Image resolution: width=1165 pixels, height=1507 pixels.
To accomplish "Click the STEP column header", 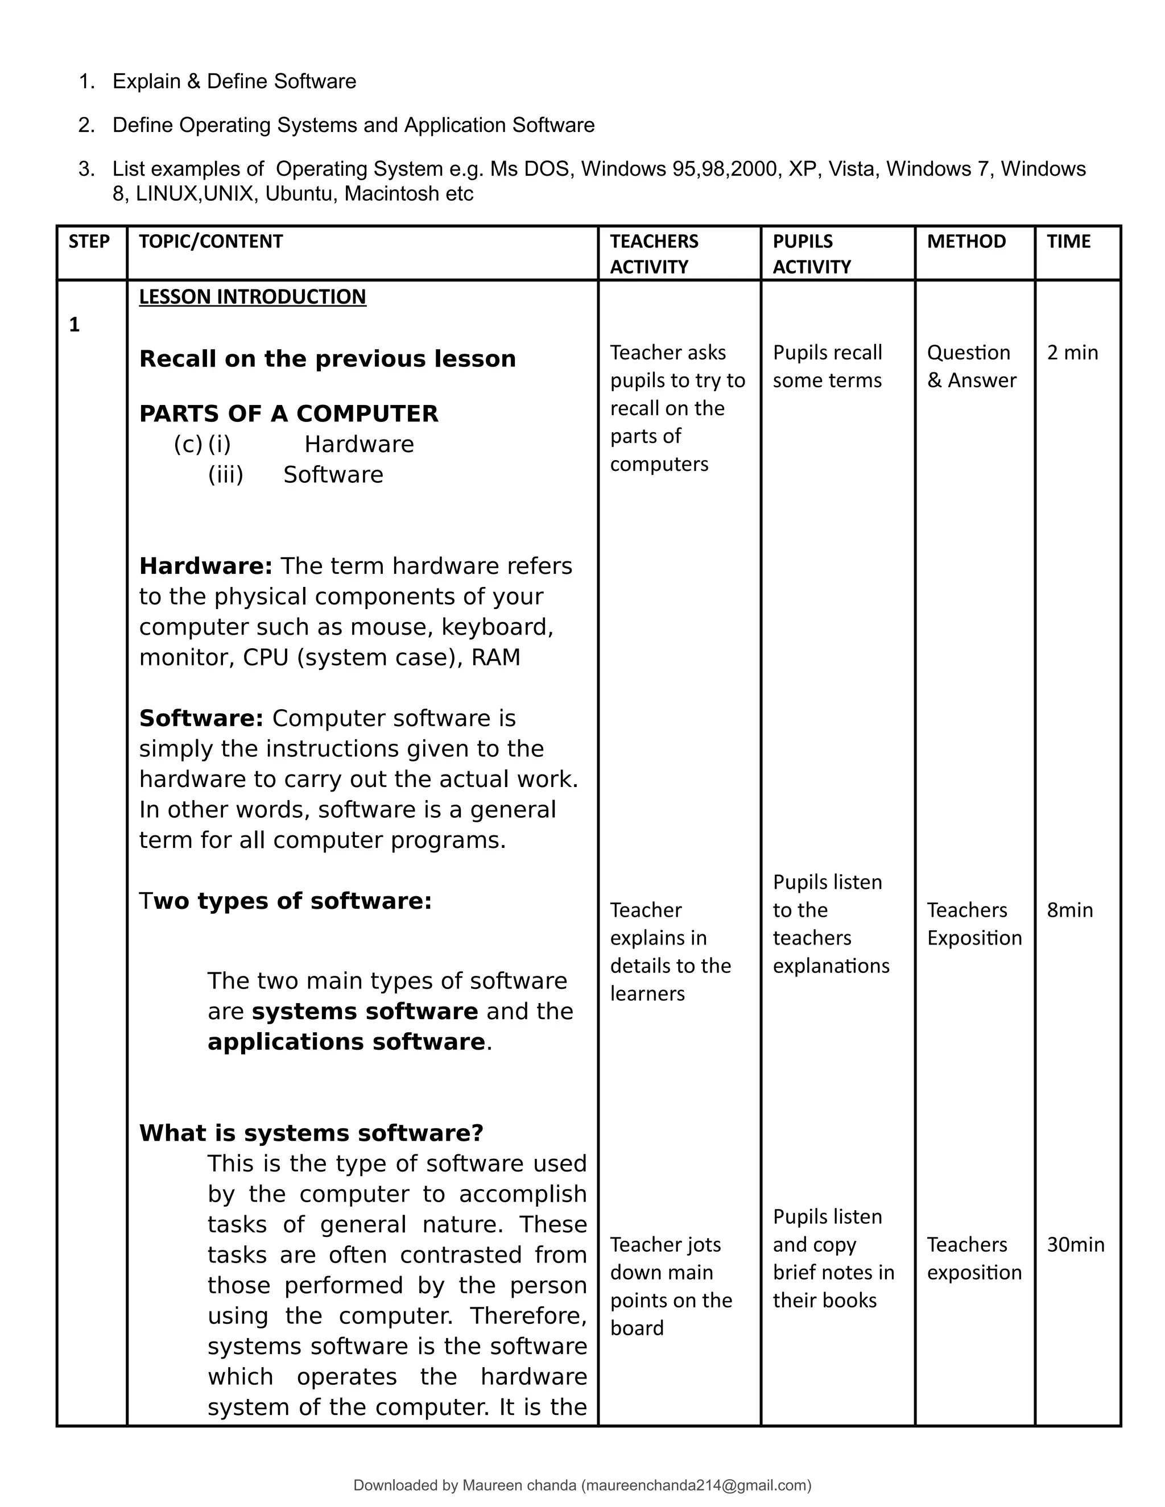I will pos(89,242).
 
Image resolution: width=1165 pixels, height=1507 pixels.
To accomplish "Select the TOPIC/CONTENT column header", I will pos(210,242).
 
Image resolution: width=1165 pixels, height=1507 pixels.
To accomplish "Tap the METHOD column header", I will pos(965,242).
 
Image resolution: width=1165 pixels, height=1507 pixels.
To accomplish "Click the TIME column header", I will pos(1068,242).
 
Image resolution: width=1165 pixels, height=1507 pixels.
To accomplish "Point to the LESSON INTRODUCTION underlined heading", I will pos(252,297).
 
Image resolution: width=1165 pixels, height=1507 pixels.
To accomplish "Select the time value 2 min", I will pos(1072,353).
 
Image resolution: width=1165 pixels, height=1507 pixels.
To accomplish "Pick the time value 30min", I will pos(1075,1244).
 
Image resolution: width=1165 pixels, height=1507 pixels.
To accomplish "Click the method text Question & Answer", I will pos(971,366).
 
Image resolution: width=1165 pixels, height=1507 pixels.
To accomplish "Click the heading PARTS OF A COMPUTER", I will pos(288,413).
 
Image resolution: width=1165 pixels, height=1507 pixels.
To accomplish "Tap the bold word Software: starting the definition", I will pos(201,718).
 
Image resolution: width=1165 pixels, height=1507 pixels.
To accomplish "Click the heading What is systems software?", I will pos(311,1133).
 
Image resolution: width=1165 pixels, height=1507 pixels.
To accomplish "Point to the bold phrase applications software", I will pos(346,1041).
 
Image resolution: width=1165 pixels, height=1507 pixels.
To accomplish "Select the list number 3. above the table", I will pos(86,169).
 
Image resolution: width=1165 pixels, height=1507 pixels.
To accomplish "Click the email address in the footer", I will pos(696,1485).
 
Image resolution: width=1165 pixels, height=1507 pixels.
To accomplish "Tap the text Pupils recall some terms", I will pos(827,366).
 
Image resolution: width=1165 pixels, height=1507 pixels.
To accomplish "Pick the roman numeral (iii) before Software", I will pos(226,475).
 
